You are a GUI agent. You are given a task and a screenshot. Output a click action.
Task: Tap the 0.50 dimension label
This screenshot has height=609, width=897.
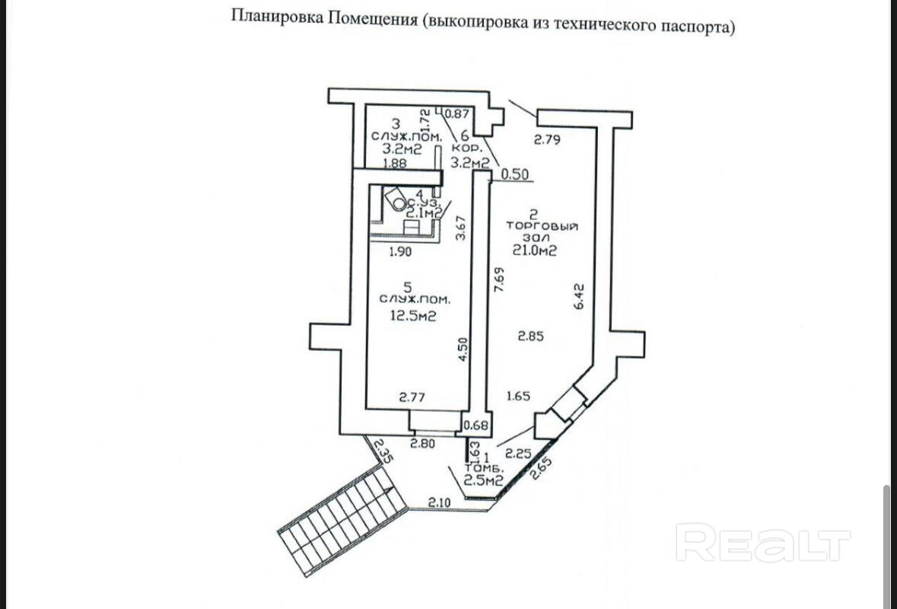pos(514,174)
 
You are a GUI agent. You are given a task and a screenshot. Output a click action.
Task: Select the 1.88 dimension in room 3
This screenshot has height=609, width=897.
pos(393,163)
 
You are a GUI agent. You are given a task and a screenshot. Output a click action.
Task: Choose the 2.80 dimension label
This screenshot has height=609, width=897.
pos(424,443)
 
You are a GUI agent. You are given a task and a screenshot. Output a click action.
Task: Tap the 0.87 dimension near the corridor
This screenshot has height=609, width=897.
pos(456,114)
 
